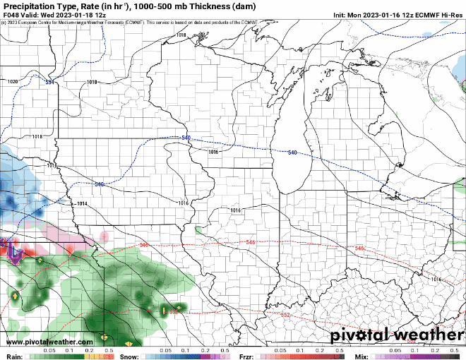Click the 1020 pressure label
[13, 82]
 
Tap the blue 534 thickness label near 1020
[50, 83]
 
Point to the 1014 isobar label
[82, 204]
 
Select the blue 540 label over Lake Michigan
[293, 152]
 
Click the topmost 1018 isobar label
[181, 35]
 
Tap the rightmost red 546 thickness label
[359, 248]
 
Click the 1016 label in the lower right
[436, 280]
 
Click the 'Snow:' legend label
[130, 356]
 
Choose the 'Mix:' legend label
[362, 356]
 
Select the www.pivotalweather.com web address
[41, 342]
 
